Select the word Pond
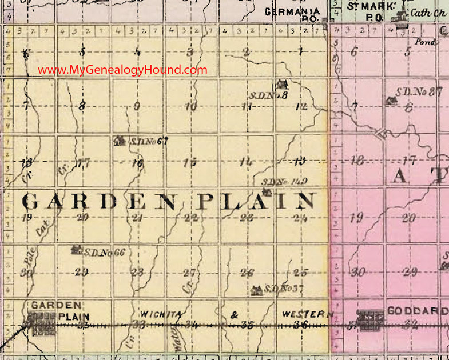(426, 42)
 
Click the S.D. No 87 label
(420, 91)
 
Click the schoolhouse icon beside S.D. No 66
(76, 250)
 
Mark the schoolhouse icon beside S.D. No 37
(257, 290)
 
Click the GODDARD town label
(417, 311)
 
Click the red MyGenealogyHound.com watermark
(122, 70)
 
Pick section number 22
(191, 217)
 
